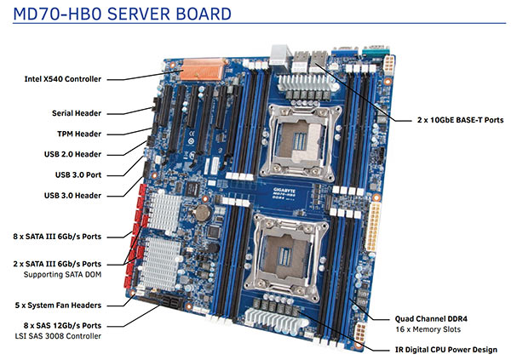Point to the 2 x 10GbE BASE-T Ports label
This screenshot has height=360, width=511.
pyautogui.click(x=451, y=122)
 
